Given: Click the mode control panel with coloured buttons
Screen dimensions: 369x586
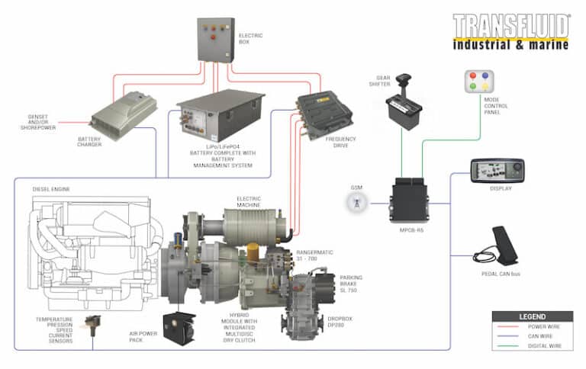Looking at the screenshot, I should [x=478, y=81].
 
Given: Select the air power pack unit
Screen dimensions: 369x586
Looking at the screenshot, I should [x=181, y=326].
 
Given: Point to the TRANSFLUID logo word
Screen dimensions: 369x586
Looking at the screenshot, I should [x=510, y=26].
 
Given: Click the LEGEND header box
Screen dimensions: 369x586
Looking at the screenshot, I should [x=532, y=316].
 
